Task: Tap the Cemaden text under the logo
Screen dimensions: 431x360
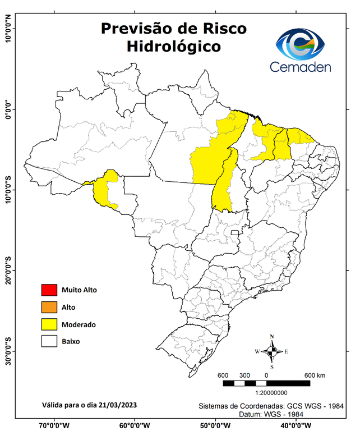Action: pos(301,67)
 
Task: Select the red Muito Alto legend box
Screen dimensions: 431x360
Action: pos(49,290)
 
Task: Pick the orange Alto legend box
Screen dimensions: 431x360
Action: pos(49,307)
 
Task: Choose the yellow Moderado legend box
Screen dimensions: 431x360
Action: pos(49,324)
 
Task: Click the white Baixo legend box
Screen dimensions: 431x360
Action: pos(49,341)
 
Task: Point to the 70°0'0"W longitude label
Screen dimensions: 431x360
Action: pos(54,425)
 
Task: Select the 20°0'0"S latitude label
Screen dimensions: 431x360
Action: pos(8,270)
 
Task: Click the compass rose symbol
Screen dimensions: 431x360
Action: pos(272,351)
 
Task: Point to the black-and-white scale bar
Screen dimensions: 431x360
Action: pos(266,383)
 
